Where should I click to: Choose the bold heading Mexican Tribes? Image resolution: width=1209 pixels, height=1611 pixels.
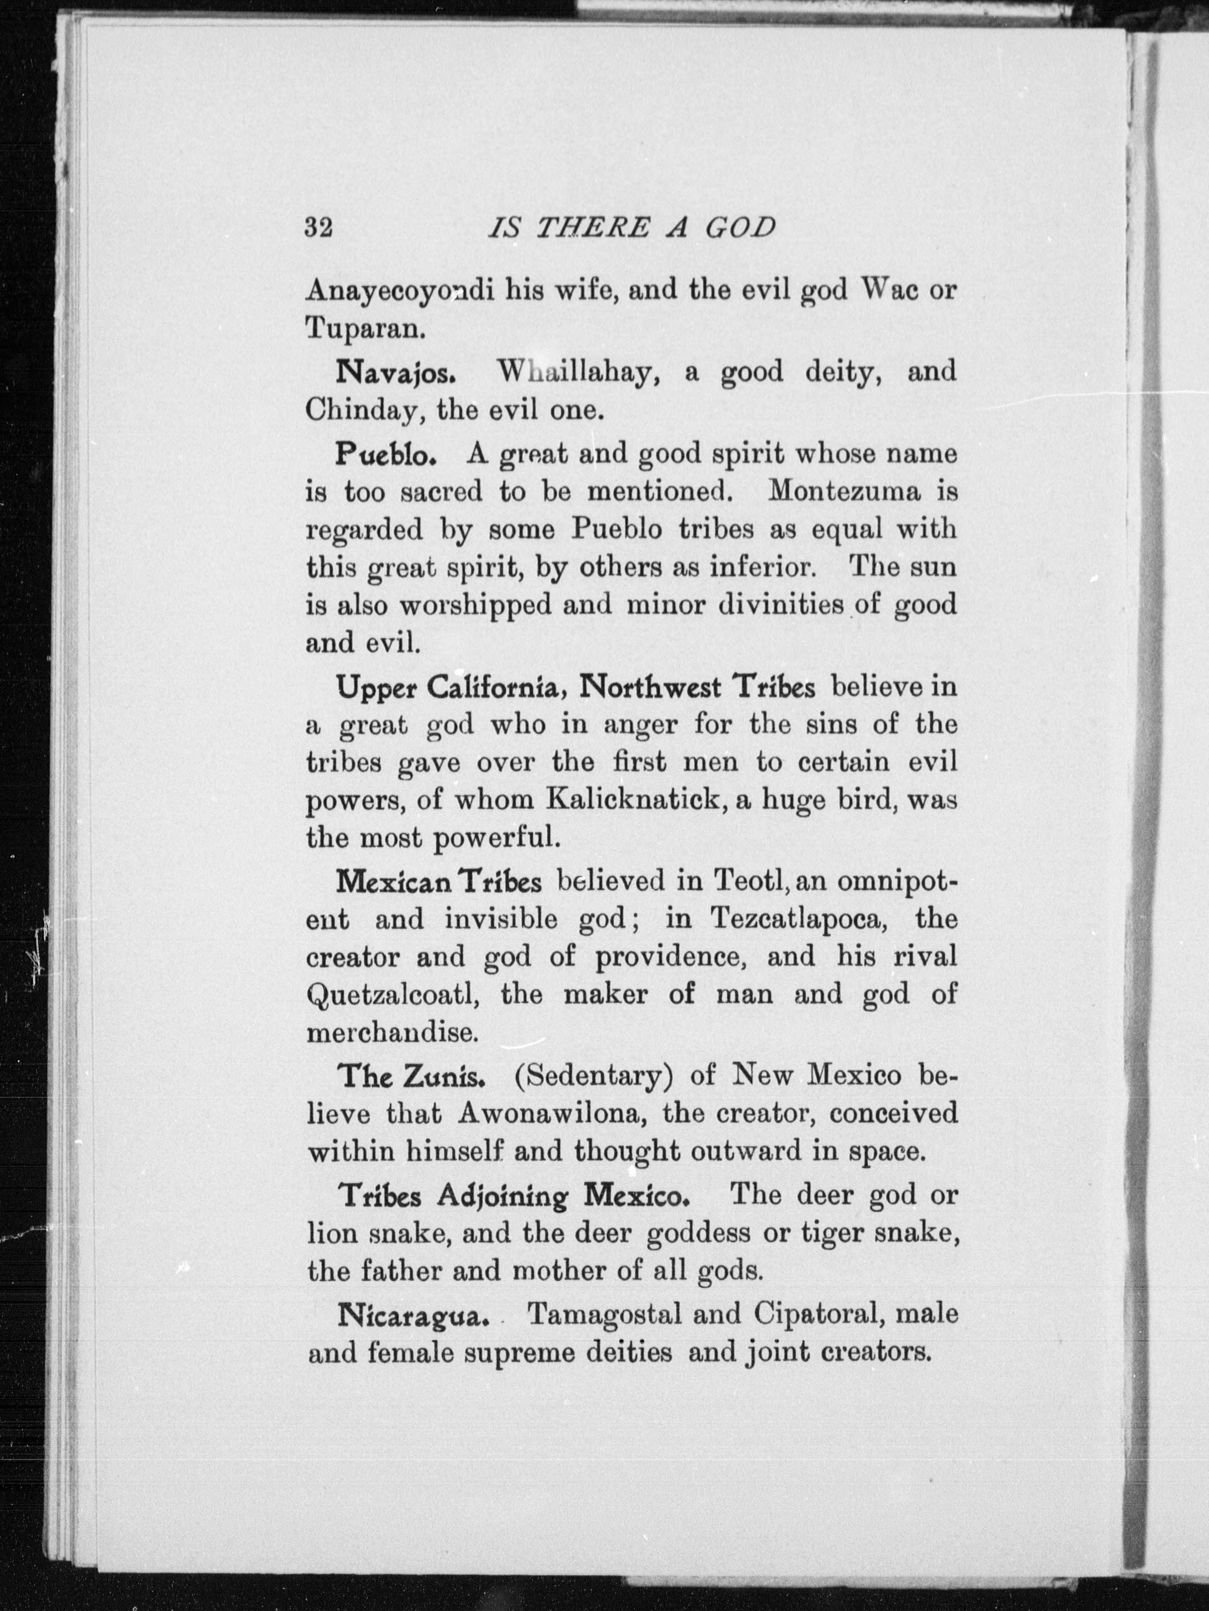pyautogui.click(x=439, y=883)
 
